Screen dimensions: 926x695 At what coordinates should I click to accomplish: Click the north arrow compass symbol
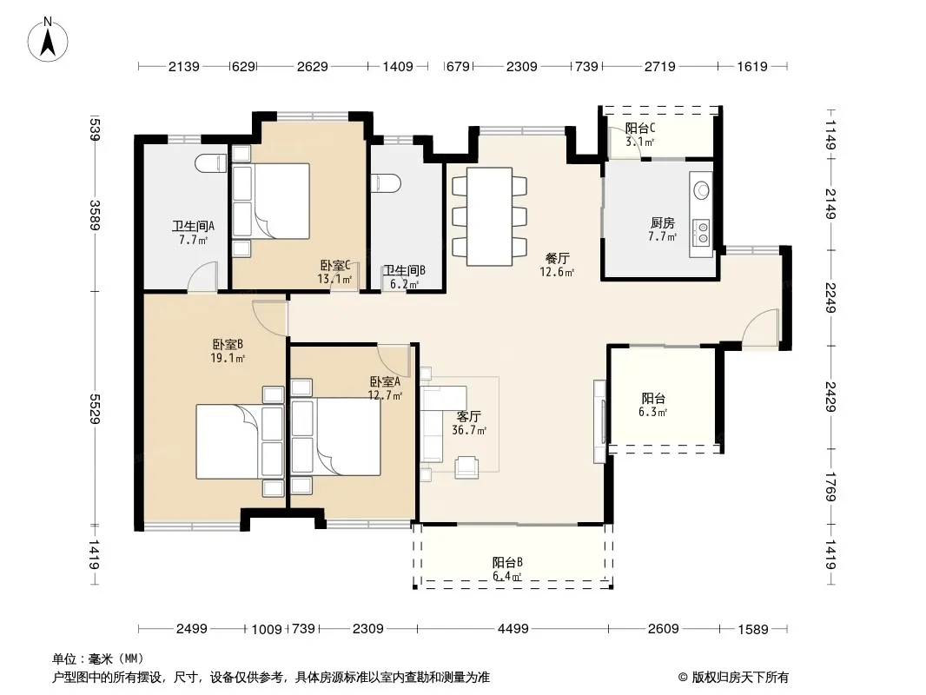click(48, 41)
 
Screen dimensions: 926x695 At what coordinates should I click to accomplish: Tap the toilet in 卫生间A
click(211, 163)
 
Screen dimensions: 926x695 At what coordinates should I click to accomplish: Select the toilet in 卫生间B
click(387, 183)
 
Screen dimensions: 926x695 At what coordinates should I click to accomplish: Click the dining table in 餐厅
click(490, 216)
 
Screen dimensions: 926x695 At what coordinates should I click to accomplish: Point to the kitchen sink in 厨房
click(702, 189)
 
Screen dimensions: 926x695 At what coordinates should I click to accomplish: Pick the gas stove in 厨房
click(702, 232)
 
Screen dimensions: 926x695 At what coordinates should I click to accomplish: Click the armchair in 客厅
click(467, 467)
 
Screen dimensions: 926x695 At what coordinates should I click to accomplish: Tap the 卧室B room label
click(228, 344)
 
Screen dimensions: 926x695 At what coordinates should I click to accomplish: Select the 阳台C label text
click(640, 128)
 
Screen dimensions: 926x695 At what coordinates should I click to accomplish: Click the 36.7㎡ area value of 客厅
click(469, 430)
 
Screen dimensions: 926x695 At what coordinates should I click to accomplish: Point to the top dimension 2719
click(659, 66)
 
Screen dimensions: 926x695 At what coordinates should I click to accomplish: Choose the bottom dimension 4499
click(513, 629)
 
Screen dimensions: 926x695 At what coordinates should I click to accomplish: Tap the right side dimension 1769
click(830, 486)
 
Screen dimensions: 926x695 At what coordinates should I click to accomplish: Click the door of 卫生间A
click(202, 275)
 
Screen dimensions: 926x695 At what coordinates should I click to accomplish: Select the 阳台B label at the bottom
click(507, 562)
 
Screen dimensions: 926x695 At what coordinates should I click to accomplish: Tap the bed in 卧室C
click(271, 201)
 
